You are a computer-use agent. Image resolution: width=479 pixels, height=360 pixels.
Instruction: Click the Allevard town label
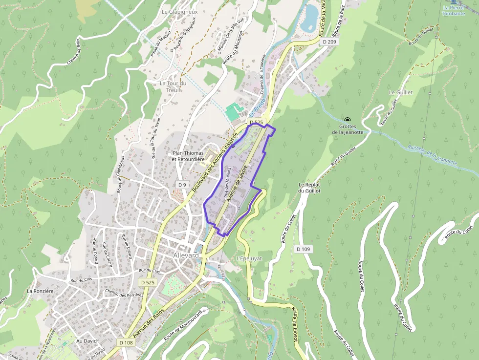(186, 255)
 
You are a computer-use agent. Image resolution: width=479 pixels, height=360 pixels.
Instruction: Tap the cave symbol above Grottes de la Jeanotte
(348, 120)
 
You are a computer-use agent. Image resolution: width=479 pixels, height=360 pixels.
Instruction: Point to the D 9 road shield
(182, 185)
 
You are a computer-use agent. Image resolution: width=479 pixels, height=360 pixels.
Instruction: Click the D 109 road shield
(303, 249)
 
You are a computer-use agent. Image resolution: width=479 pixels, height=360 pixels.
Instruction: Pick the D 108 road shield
(126, 342)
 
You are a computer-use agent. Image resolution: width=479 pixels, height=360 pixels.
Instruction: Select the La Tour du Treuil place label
(173, 86)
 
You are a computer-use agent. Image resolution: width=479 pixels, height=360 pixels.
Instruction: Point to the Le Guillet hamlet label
(401, 92)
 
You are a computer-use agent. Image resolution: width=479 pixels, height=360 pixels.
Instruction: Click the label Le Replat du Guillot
(309, 188)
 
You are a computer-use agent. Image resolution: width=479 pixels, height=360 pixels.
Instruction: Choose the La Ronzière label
(40, 291)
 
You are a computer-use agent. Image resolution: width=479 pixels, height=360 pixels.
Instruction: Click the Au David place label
(87, 341)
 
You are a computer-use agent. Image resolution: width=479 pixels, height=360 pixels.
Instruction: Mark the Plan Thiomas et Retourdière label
(188, 156)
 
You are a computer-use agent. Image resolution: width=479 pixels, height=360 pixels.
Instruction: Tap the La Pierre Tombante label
(454, 10)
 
